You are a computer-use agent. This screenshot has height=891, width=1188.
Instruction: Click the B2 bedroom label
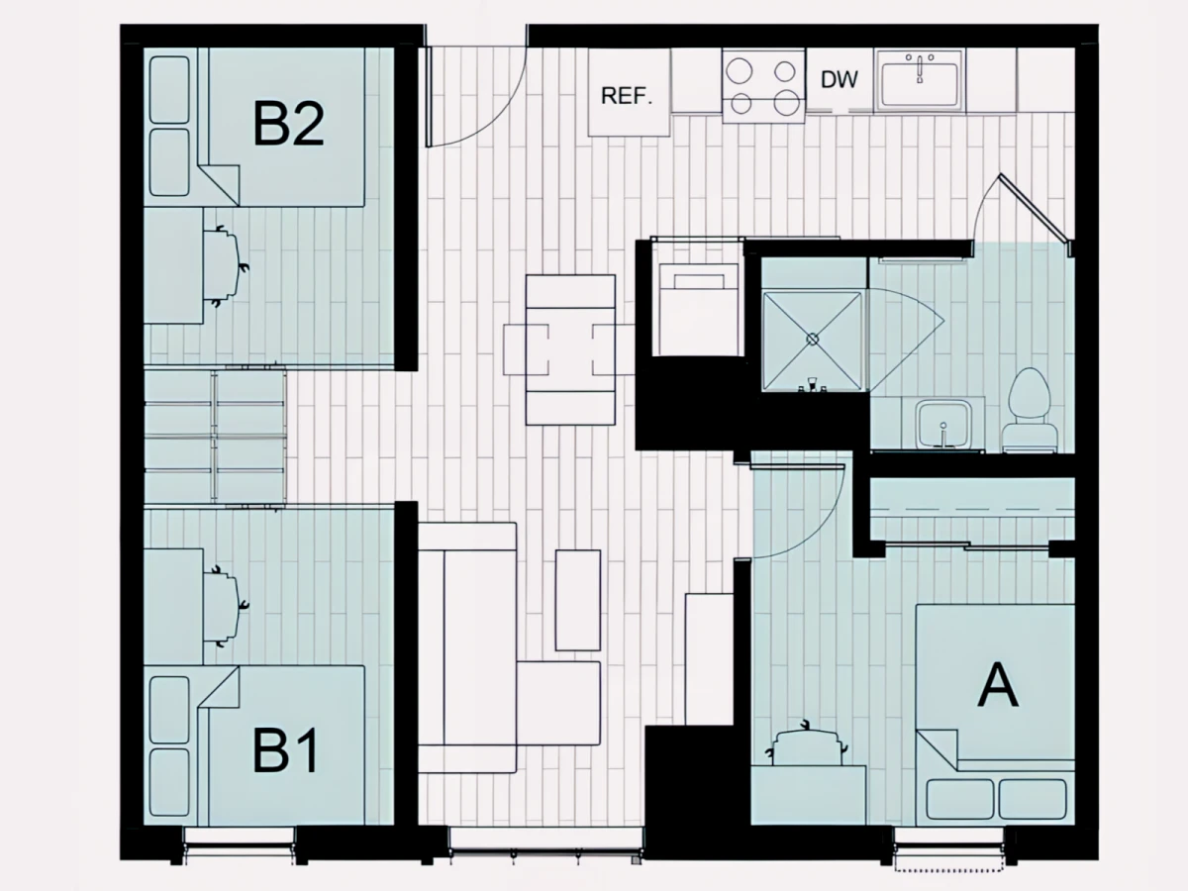(x=288, y=125)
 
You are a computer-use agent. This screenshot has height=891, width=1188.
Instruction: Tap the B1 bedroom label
(x=285, y=750)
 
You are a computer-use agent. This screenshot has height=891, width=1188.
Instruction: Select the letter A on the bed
(x=998, y=685)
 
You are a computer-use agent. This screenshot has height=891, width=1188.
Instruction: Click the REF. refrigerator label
(x=627, y=96)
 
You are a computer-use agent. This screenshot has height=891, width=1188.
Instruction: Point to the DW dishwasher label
(x=839, y=79)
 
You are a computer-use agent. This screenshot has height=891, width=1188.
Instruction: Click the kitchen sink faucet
(x=920, y=68)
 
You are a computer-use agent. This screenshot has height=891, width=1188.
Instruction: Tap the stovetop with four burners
(x=763, y=85)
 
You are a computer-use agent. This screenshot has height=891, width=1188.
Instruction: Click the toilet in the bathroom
(x=1030, y=410)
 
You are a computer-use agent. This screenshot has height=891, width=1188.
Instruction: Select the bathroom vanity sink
(x=943, y=425)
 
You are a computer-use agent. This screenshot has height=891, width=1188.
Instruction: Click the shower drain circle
(x=813, y=340)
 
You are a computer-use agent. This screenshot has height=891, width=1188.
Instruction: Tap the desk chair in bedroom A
(x=807, y=743)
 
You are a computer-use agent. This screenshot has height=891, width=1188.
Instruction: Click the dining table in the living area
(x=570, y=349)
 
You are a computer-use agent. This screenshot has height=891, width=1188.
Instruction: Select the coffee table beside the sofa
(x=577, y=600)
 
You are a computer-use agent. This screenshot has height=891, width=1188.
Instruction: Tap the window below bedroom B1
(x=240, y=847)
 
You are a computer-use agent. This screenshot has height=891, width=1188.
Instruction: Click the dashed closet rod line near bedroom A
(x=972, y=510)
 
